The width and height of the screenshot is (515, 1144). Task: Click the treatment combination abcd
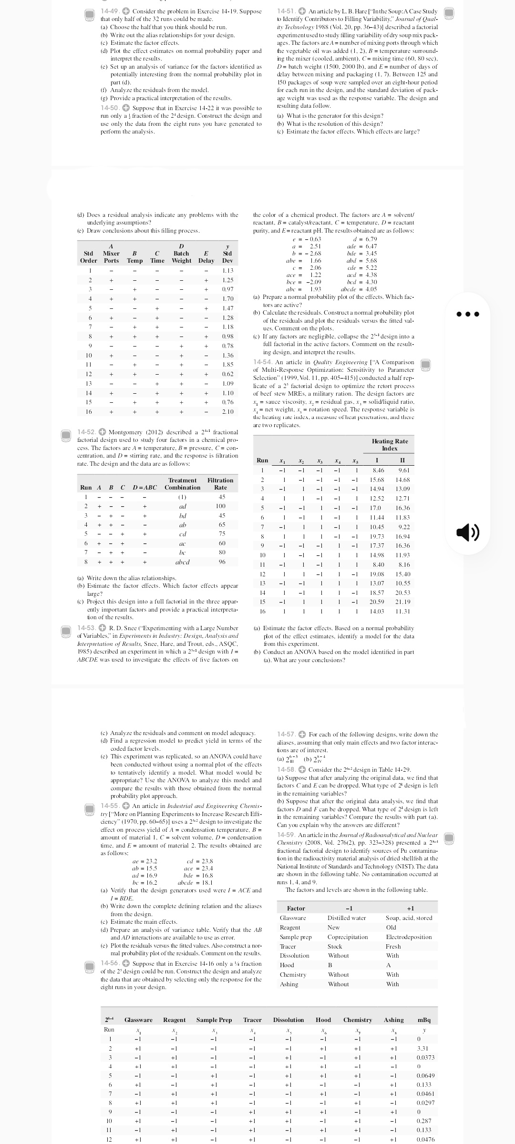tap(183, 562)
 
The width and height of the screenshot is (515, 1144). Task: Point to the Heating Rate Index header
tap(390, 445)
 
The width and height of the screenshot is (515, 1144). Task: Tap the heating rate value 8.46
tap(378, 470)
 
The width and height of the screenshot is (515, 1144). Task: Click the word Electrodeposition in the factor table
tap(408, 937)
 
